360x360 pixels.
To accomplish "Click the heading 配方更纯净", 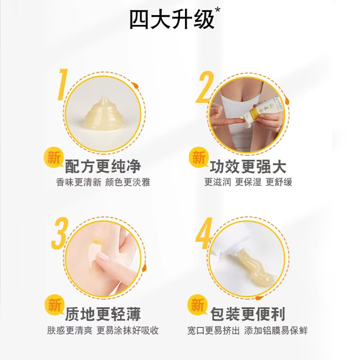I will coord(103,166).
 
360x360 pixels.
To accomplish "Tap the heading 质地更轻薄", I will coord(103,314).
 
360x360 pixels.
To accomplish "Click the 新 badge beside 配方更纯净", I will coord(54,158).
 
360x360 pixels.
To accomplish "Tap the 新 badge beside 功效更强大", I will coord(198,158).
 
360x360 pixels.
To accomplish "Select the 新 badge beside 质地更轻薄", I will coord(54,306).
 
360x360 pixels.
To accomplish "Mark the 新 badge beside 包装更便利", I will coord(198,306).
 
